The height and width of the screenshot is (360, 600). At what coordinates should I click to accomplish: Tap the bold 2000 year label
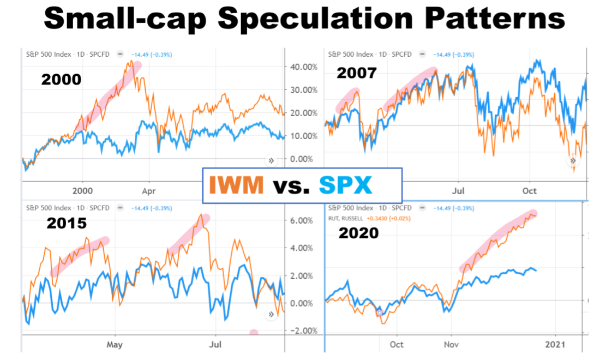[61, 80]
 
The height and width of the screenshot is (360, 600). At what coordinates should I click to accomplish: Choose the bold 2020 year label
[358, 233]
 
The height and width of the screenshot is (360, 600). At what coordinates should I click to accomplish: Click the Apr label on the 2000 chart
[148, 191]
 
